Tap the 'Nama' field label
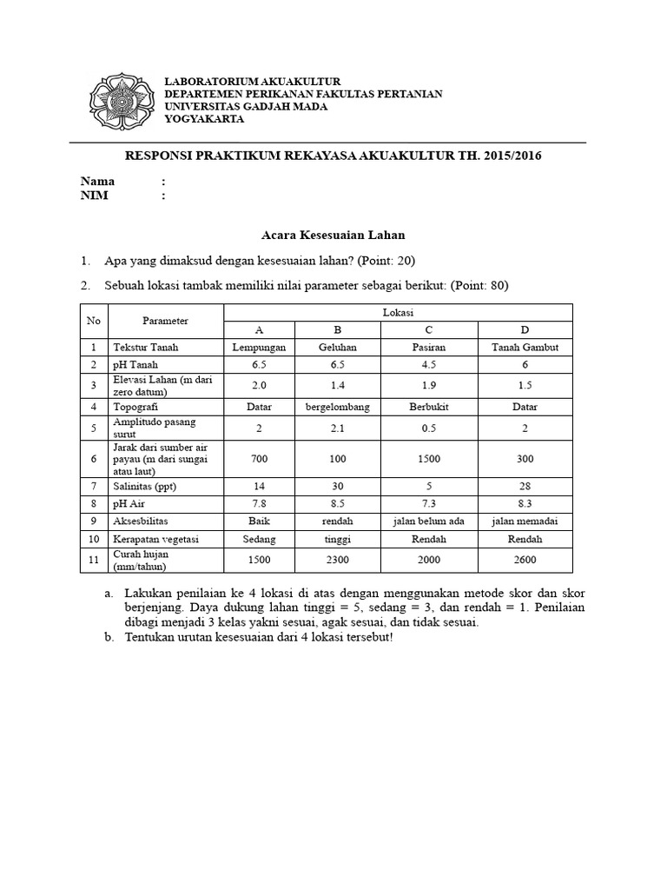coord(97,182)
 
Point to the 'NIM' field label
coord(95,196)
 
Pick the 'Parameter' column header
coord(165,321)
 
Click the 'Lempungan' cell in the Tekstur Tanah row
coord(259,347)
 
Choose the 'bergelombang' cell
coord(330,406)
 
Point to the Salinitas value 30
coord(330,487)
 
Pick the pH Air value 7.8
coord(259,504)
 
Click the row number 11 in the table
coord(93,561)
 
